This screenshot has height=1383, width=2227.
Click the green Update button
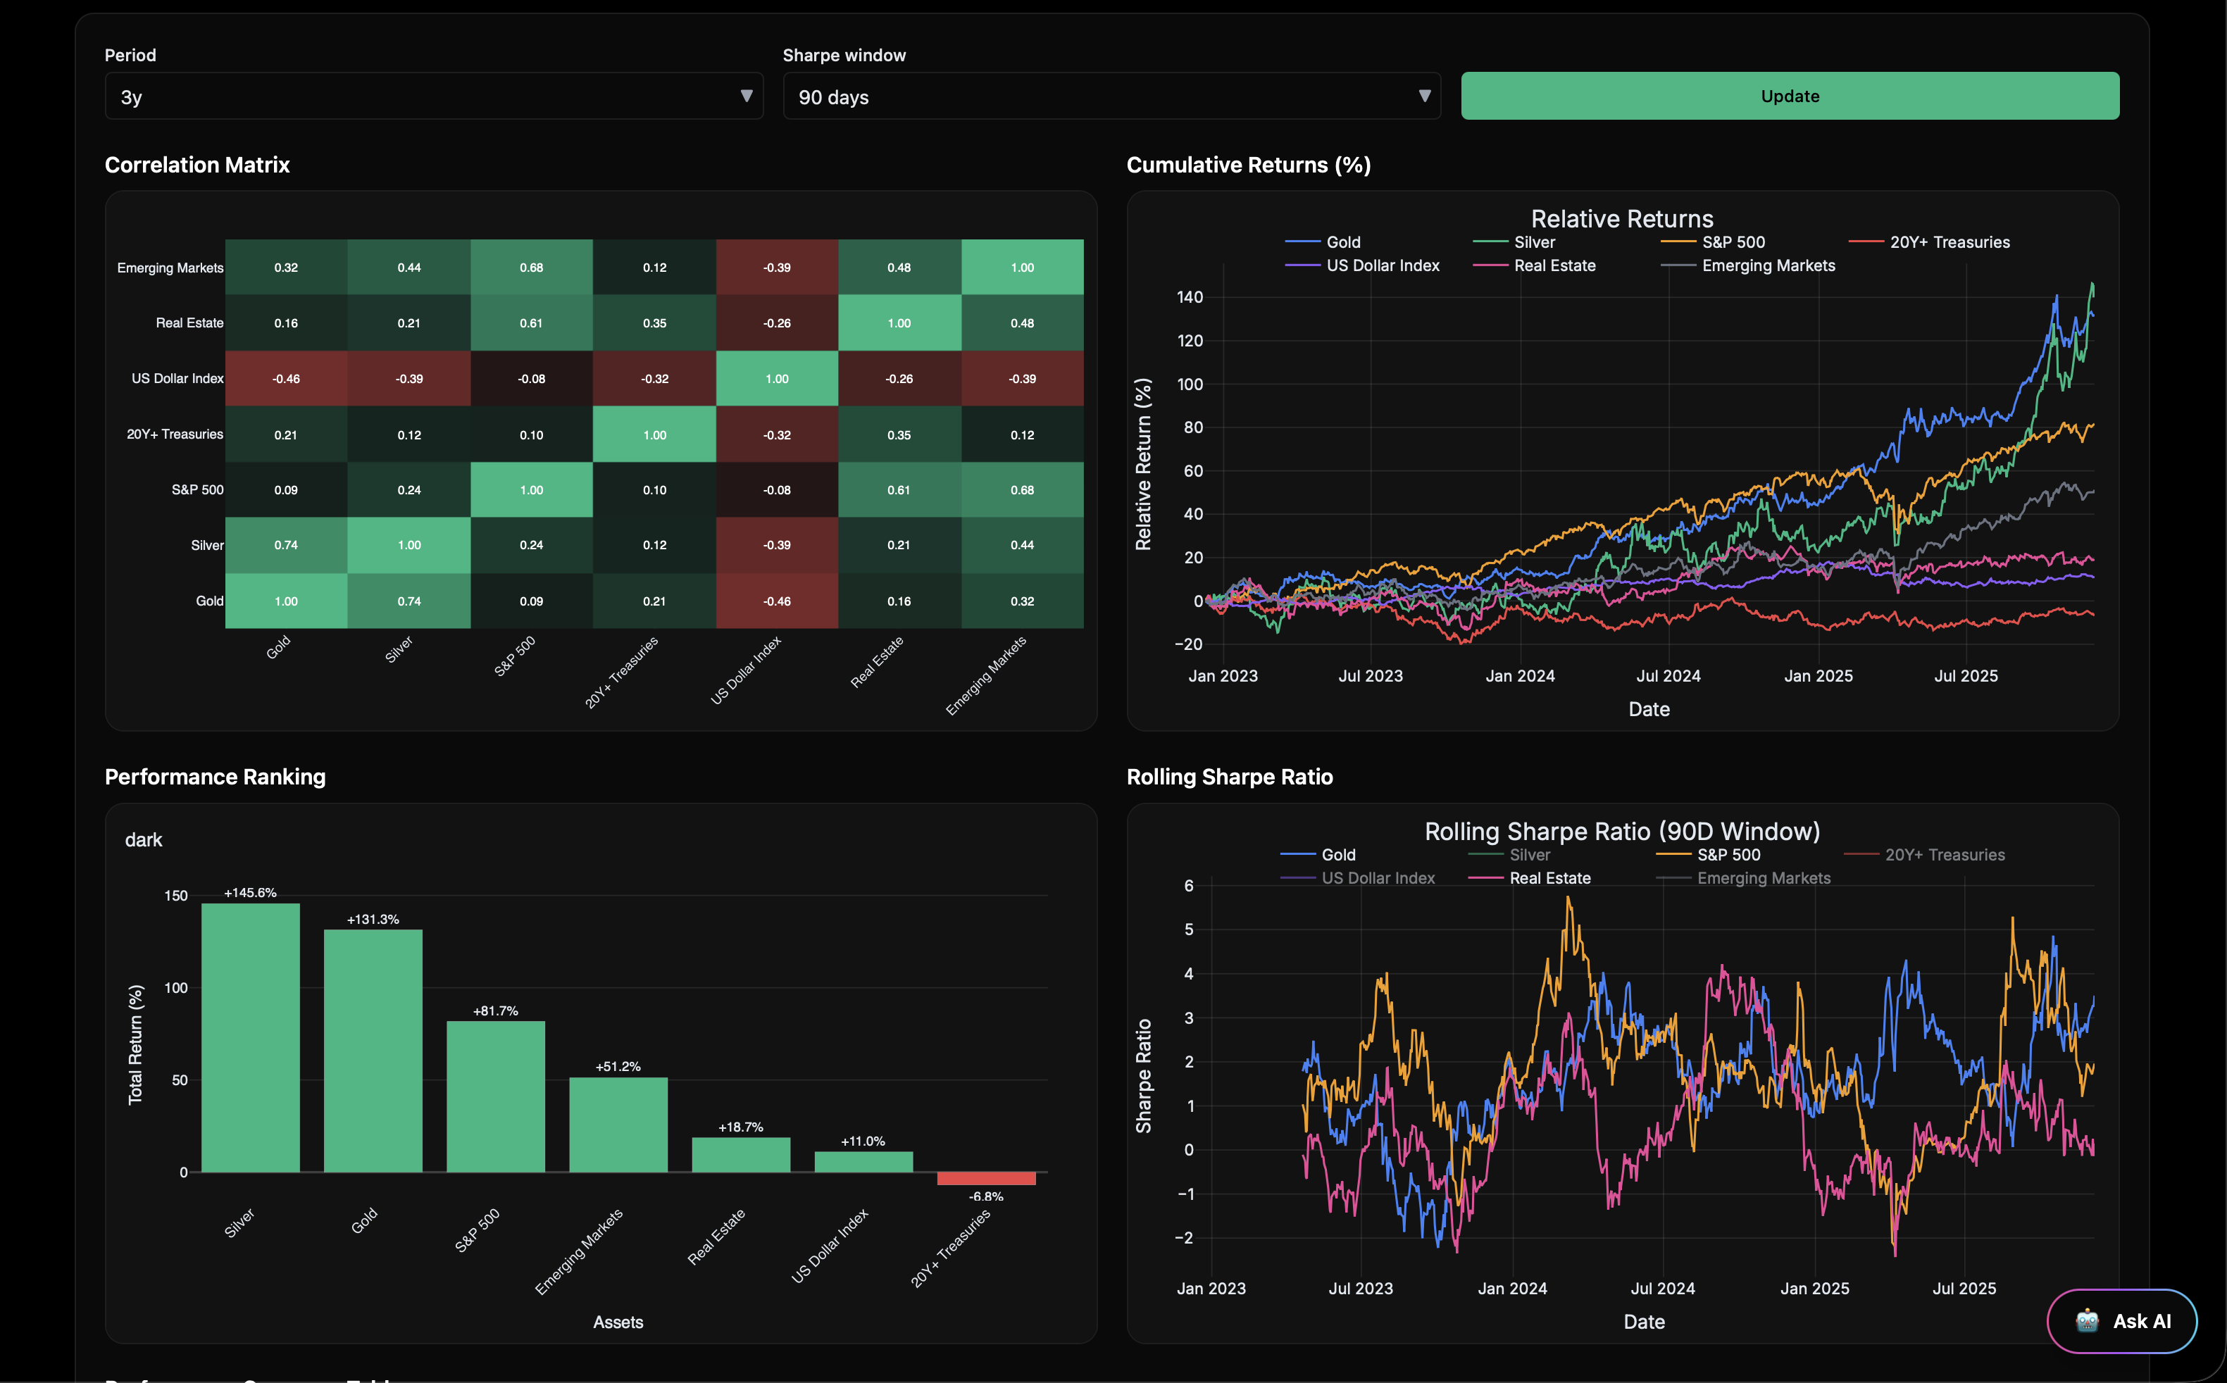pos(1789,96)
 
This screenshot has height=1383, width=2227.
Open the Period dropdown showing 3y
pos(434,97)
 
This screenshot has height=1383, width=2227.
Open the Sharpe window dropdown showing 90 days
pos(1111,97)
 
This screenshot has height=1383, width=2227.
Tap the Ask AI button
pos(2122,1321)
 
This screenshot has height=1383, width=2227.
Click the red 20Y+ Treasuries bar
pos(986,1178)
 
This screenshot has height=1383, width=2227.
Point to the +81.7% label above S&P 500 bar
pos(496,1010)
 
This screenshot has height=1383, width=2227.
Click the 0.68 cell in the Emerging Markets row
pos(531,267)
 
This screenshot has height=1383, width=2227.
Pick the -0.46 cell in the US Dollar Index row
pos(286,379)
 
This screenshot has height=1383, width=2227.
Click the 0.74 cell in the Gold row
pos(408,601)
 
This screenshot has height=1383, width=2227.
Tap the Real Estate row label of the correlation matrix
pos(189,323)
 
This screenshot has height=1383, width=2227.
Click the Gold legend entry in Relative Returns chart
pos(1342,242)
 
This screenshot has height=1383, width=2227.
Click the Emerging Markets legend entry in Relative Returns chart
pos(1767,266)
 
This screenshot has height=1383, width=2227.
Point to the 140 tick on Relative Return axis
pos(1189,297)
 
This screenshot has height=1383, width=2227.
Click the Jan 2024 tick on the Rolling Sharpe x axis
pos(1512,1288)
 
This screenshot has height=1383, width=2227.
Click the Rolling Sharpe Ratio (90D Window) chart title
pos(1621,832)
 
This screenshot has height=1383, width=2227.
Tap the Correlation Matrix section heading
pos(196,165)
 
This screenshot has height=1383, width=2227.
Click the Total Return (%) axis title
pos(135,1044)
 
